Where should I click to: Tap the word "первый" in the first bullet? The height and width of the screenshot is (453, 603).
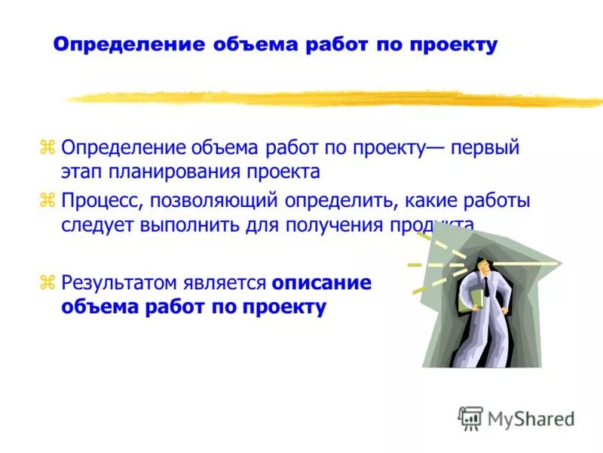[485, 146]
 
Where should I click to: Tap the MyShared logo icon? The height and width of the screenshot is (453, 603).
[471, 418]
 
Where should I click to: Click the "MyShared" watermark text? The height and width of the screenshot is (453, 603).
[531, 418]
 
